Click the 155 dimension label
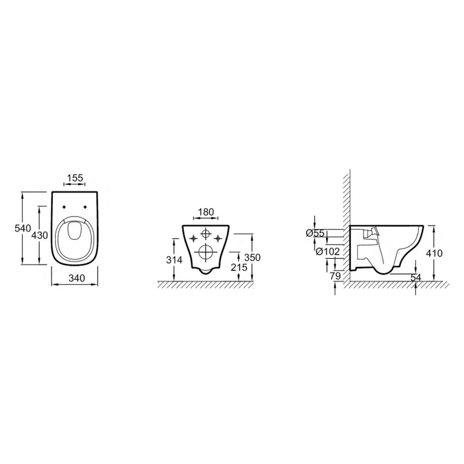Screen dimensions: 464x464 [x=75, y=178]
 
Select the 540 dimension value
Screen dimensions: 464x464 [x=23, y=228]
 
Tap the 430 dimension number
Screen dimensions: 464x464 [x=39, y=235]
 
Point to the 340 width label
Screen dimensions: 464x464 [x=77, y=278]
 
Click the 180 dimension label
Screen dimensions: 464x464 [x=206, y=212]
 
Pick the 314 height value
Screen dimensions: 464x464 [x=174, y=260]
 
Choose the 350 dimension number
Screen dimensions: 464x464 [x=252, y=258]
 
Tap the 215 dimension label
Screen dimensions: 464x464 [x=239, y=267]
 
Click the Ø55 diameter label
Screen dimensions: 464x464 [x=315, y=233]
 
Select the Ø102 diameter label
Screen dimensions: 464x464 [x=328, y=252]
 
